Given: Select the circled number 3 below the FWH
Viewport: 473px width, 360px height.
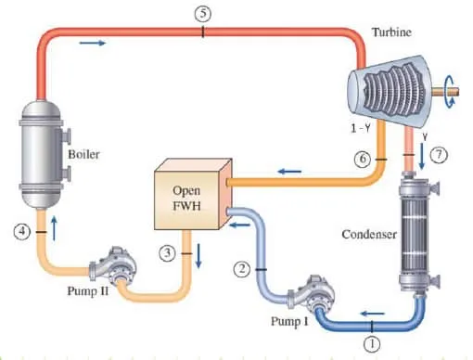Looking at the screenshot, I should pyautogui.click(x=168, y=251).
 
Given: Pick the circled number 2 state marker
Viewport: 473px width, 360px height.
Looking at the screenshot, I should pyautogui.click(x=242, y=269).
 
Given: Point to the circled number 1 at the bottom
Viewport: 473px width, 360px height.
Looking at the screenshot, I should pyautogui.click(x=373, y=342).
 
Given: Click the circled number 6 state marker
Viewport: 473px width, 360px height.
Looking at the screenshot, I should pyautogui.click(x=363, y=160).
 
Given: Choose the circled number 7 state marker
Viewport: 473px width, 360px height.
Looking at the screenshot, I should pyautogui.click(x=440, y=157).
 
